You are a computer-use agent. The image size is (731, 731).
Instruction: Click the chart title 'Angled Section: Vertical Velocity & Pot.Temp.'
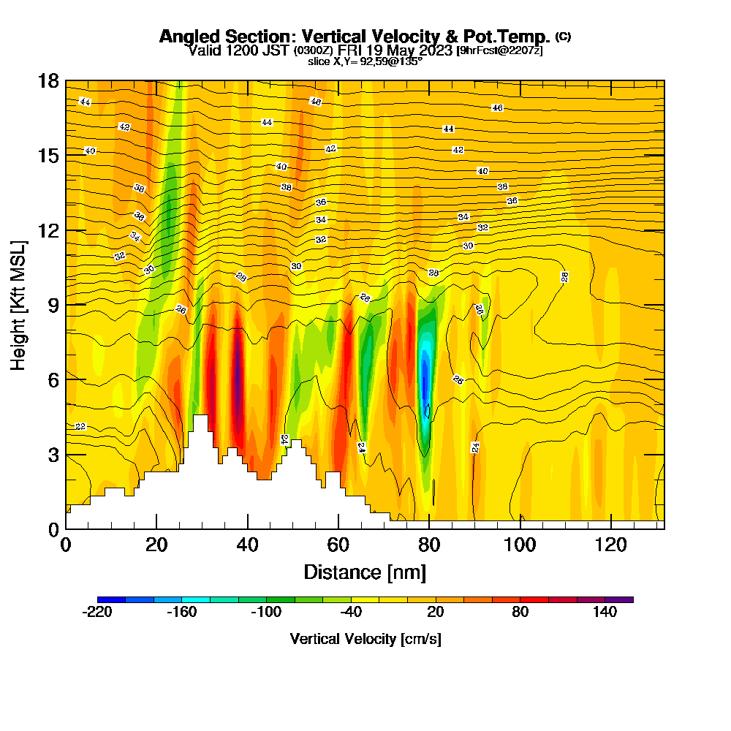tap(355, 37)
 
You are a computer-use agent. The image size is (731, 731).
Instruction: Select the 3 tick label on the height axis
tap(53, 455)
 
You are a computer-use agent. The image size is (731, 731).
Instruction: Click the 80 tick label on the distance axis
tap(429, 545)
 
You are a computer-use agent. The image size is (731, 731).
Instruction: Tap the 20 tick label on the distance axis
tap(157, 545)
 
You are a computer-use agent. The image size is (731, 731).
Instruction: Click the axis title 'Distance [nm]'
tap(365, 572)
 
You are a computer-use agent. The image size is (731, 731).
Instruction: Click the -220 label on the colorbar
tap(97, 613)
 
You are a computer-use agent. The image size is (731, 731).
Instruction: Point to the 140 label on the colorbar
tap(605, 613)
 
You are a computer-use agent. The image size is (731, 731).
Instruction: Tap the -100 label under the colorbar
tap(266, 613)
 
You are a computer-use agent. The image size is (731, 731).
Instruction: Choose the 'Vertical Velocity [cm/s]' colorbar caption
tap(365, 639)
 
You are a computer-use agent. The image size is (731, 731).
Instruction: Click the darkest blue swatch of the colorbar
tap(111, 599)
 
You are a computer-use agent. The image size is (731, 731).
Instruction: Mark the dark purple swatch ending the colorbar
tap(619, 599)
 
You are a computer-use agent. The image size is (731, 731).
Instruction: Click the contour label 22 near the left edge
tap(80, 426)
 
